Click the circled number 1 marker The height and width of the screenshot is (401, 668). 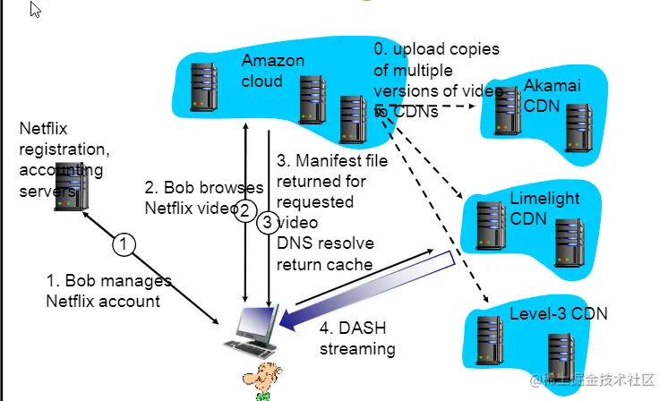click(125, 243)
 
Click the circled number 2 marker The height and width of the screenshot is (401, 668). click(244, 211)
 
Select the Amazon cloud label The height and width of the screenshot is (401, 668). click(273, 71)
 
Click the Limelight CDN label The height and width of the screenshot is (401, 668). click(544, 209)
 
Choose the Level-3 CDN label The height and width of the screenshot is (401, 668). click(558, 313)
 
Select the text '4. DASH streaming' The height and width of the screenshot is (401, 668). click(357, 337)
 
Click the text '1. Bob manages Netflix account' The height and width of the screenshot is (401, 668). click(108, 291)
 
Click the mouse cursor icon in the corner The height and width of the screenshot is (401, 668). click(36, 12)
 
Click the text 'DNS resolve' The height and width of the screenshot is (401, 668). click(324, 243)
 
